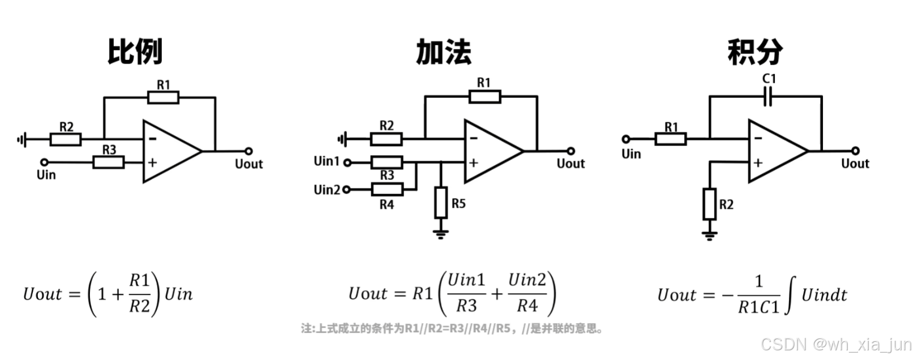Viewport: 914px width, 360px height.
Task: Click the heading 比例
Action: [x=135, y=52]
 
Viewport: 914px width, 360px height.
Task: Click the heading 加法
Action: [x=443, y=52]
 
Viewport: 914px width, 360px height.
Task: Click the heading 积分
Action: [x=755, y=52]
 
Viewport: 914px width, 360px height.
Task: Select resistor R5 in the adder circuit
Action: [x=441, y=203]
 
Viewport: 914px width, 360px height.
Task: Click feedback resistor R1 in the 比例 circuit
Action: [x=163, y=97]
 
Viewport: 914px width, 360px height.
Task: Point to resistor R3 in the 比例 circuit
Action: [x=109, y=162]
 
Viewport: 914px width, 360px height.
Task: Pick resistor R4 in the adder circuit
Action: [x=387, y=190]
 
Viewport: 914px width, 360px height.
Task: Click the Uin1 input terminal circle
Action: [x=347, y=163]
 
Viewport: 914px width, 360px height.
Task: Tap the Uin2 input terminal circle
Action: [x=347, y=190]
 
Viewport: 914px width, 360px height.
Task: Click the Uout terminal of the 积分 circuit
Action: [x=855, y=151]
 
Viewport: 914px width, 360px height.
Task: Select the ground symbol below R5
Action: [x=441, y=233]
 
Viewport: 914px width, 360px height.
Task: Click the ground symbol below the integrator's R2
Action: [x=709, y=234]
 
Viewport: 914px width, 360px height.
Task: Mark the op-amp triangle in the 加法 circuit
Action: [x=490, y=151]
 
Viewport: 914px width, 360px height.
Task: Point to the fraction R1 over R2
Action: [x=140, y=293]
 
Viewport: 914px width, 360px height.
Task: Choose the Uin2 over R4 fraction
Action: [x=527, y=293]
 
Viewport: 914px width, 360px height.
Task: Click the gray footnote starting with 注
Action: [x=452, y=328]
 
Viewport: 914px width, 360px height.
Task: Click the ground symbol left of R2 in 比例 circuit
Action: [x=22, y=139]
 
